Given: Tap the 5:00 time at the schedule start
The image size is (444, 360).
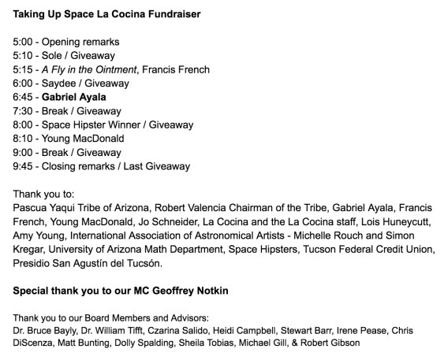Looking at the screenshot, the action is pyautogui.click(x=24, y=42).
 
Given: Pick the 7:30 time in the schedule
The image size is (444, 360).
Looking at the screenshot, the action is pyautogui.click(x=24, y=111).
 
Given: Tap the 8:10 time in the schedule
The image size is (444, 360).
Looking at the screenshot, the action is pyautogui.click(x=24, y=138).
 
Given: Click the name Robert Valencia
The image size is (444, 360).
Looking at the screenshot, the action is pyautogui.click(x=197, y=207).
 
